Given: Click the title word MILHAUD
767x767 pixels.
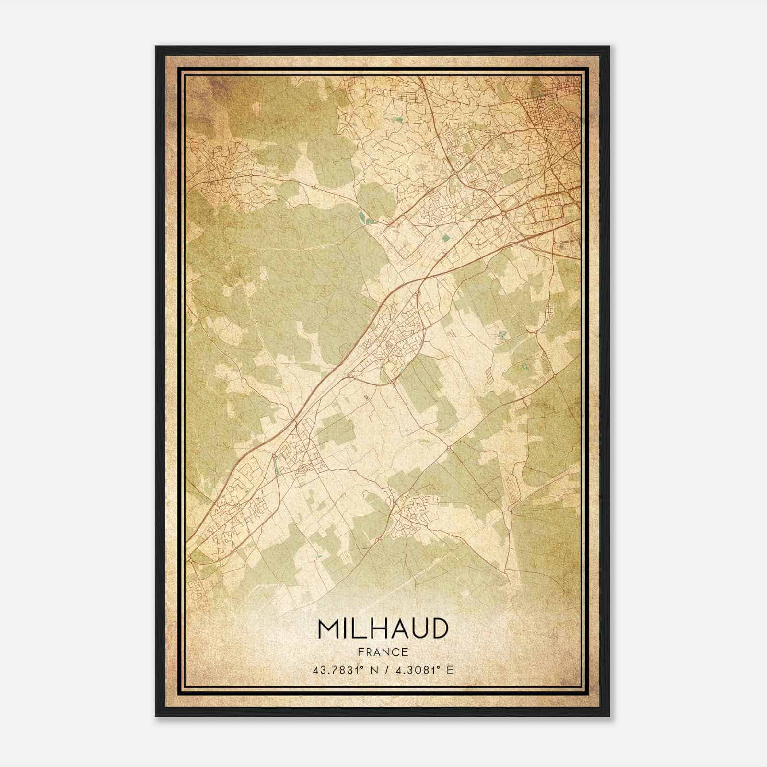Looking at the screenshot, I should [383, 629].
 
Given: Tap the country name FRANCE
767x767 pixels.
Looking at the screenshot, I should [383, 652].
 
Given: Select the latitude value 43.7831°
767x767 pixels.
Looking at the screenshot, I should [335, 670].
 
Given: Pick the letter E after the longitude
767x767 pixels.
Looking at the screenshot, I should [449, 670].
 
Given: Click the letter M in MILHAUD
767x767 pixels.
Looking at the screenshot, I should [328, 629].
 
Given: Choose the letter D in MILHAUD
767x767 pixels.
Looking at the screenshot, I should [439, 629].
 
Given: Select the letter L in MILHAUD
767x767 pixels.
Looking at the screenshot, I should [355, 629].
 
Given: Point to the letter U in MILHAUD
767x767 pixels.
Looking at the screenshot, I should [418, 629].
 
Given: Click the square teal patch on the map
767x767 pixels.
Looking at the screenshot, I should [447, 237].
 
